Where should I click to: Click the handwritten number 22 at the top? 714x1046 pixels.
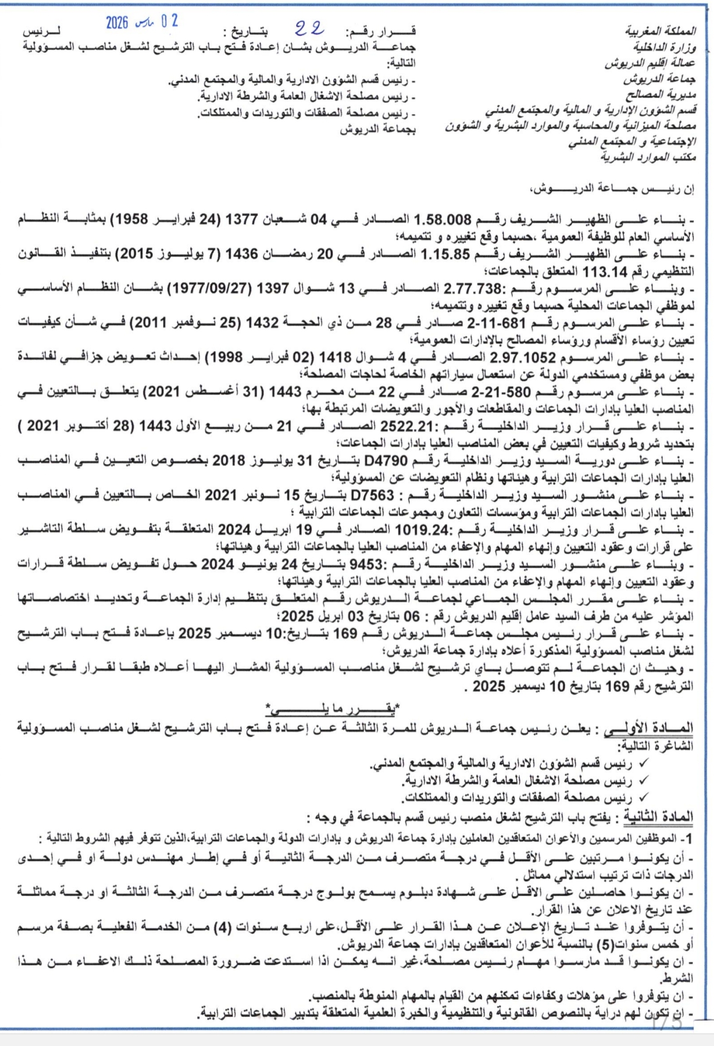click(x=310, y=29)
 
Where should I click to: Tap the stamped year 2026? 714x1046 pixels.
click(x=117, y=22)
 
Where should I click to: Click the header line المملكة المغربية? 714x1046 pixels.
click(x=661, y=32)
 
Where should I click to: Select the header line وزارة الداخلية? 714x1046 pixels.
click(x=665, y=48)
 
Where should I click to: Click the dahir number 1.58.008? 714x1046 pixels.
click(x=443, y=220)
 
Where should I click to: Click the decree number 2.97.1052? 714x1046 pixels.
click(x=522, y=358)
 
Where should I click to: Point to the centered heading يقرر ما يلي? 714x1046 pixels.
click(x=332, y=709)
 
